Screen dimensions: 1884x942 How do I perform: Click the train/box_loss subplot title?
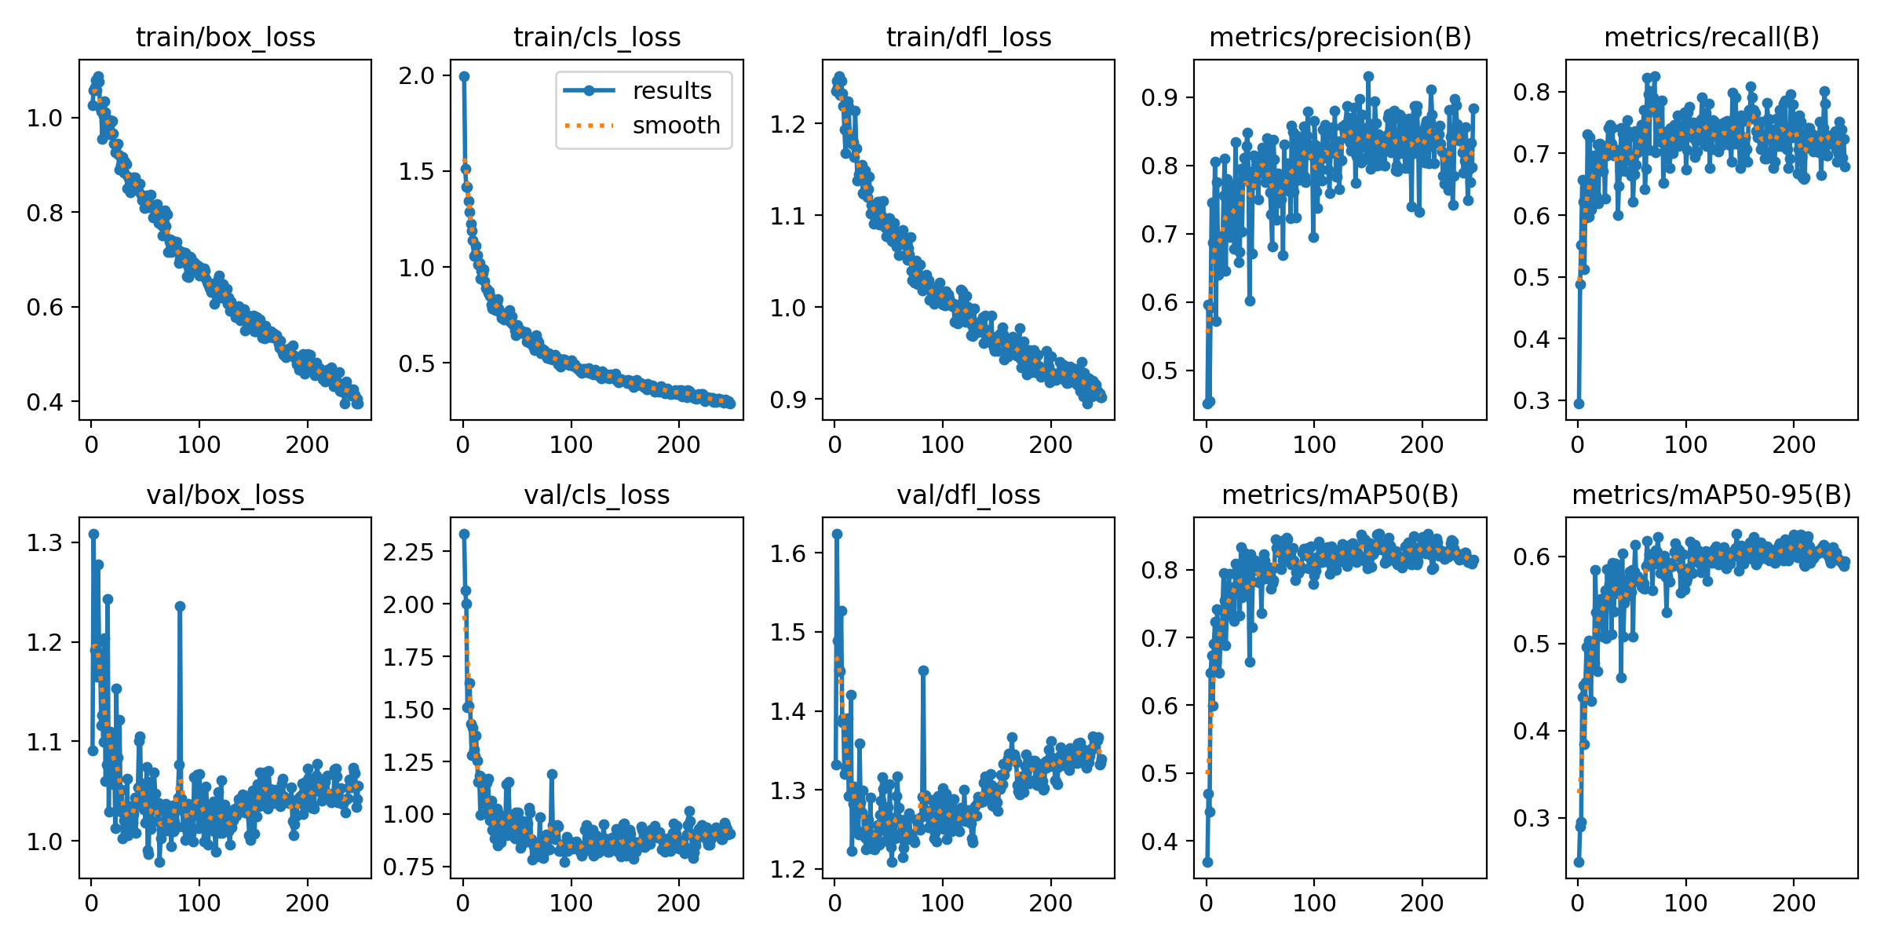[225, 38]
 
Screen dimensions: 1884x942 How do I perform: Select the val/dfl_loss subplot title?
[969, 495]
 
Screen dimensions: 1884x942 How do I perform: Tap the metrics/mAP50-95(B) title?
[1712, 495]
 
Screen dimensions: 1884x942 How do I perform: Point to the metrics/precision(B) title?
[1340, 38]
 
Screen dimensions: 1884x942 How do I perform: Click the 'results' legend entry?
[672, 91]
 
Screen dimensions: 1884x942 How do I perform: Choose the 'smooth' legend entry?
[677, 126]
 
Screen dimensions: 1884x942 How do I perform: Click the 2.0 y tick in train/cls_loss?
[417, 76]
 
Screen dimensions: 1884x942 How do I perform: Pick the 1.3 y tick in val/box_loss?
[45, 543]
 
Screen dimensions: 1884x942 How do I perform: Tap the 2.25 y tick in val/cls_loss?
[408, 552]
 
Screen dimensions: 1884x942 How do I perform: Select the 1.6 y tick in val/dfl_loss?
[788, 553]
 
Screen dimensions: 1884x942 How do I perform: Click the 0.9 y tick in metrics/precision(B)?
[1159, 98]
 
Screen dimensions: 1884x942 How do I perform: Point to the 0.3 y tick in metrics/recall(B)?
[1532, 401]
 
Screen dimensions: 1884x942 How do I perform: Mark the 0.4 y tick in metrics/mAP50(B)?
[1159, 842]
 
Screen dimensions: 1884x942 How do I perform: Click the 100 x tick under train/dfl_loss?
[943, 445]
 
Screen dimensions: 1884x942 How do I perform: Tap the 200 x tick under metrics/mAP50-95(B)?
[1794, 903]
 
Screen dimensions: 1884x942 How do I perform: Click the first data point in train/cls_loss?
[464, 76]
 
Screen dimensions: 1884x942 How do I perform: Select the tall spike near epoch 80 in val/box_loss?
[180, 606]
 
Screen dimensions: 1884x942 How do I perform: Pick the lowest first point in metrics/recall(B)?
[1579, 403]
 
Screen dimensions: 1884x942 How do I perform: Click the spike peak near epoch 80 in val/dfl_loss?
[923, 670]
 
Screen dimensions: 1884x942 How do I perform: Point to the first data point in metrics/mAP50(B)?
[1207, 862]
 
